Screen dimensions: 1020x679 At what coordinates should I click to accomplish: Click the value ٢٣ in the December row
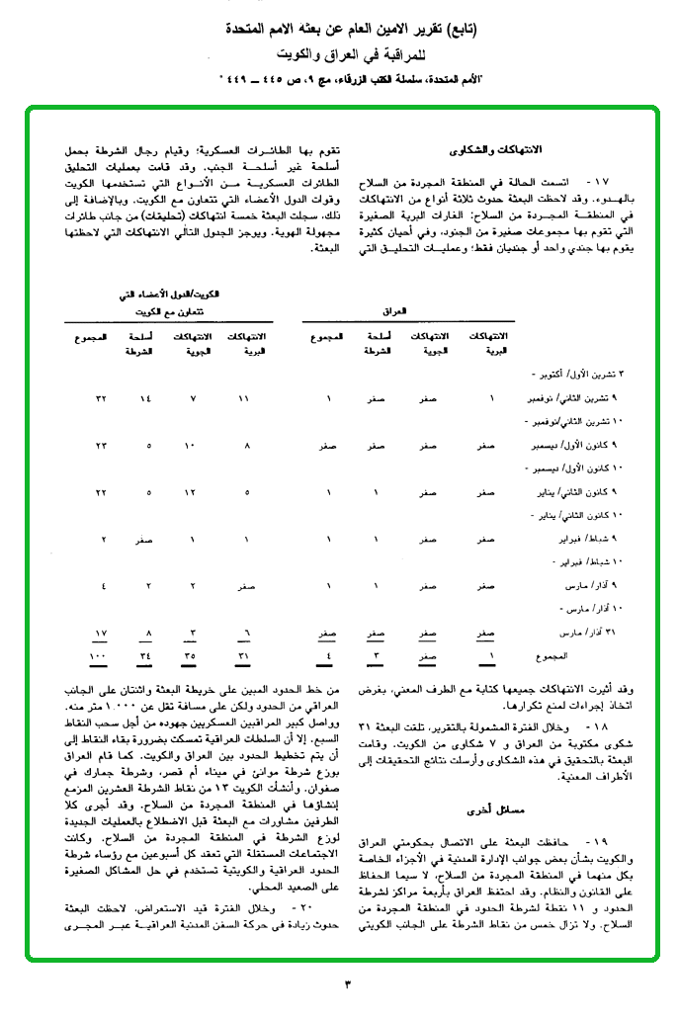(101, 446)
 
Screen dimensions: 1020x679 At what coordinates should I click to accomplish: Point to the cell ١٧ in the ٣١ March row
(100, 633)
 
